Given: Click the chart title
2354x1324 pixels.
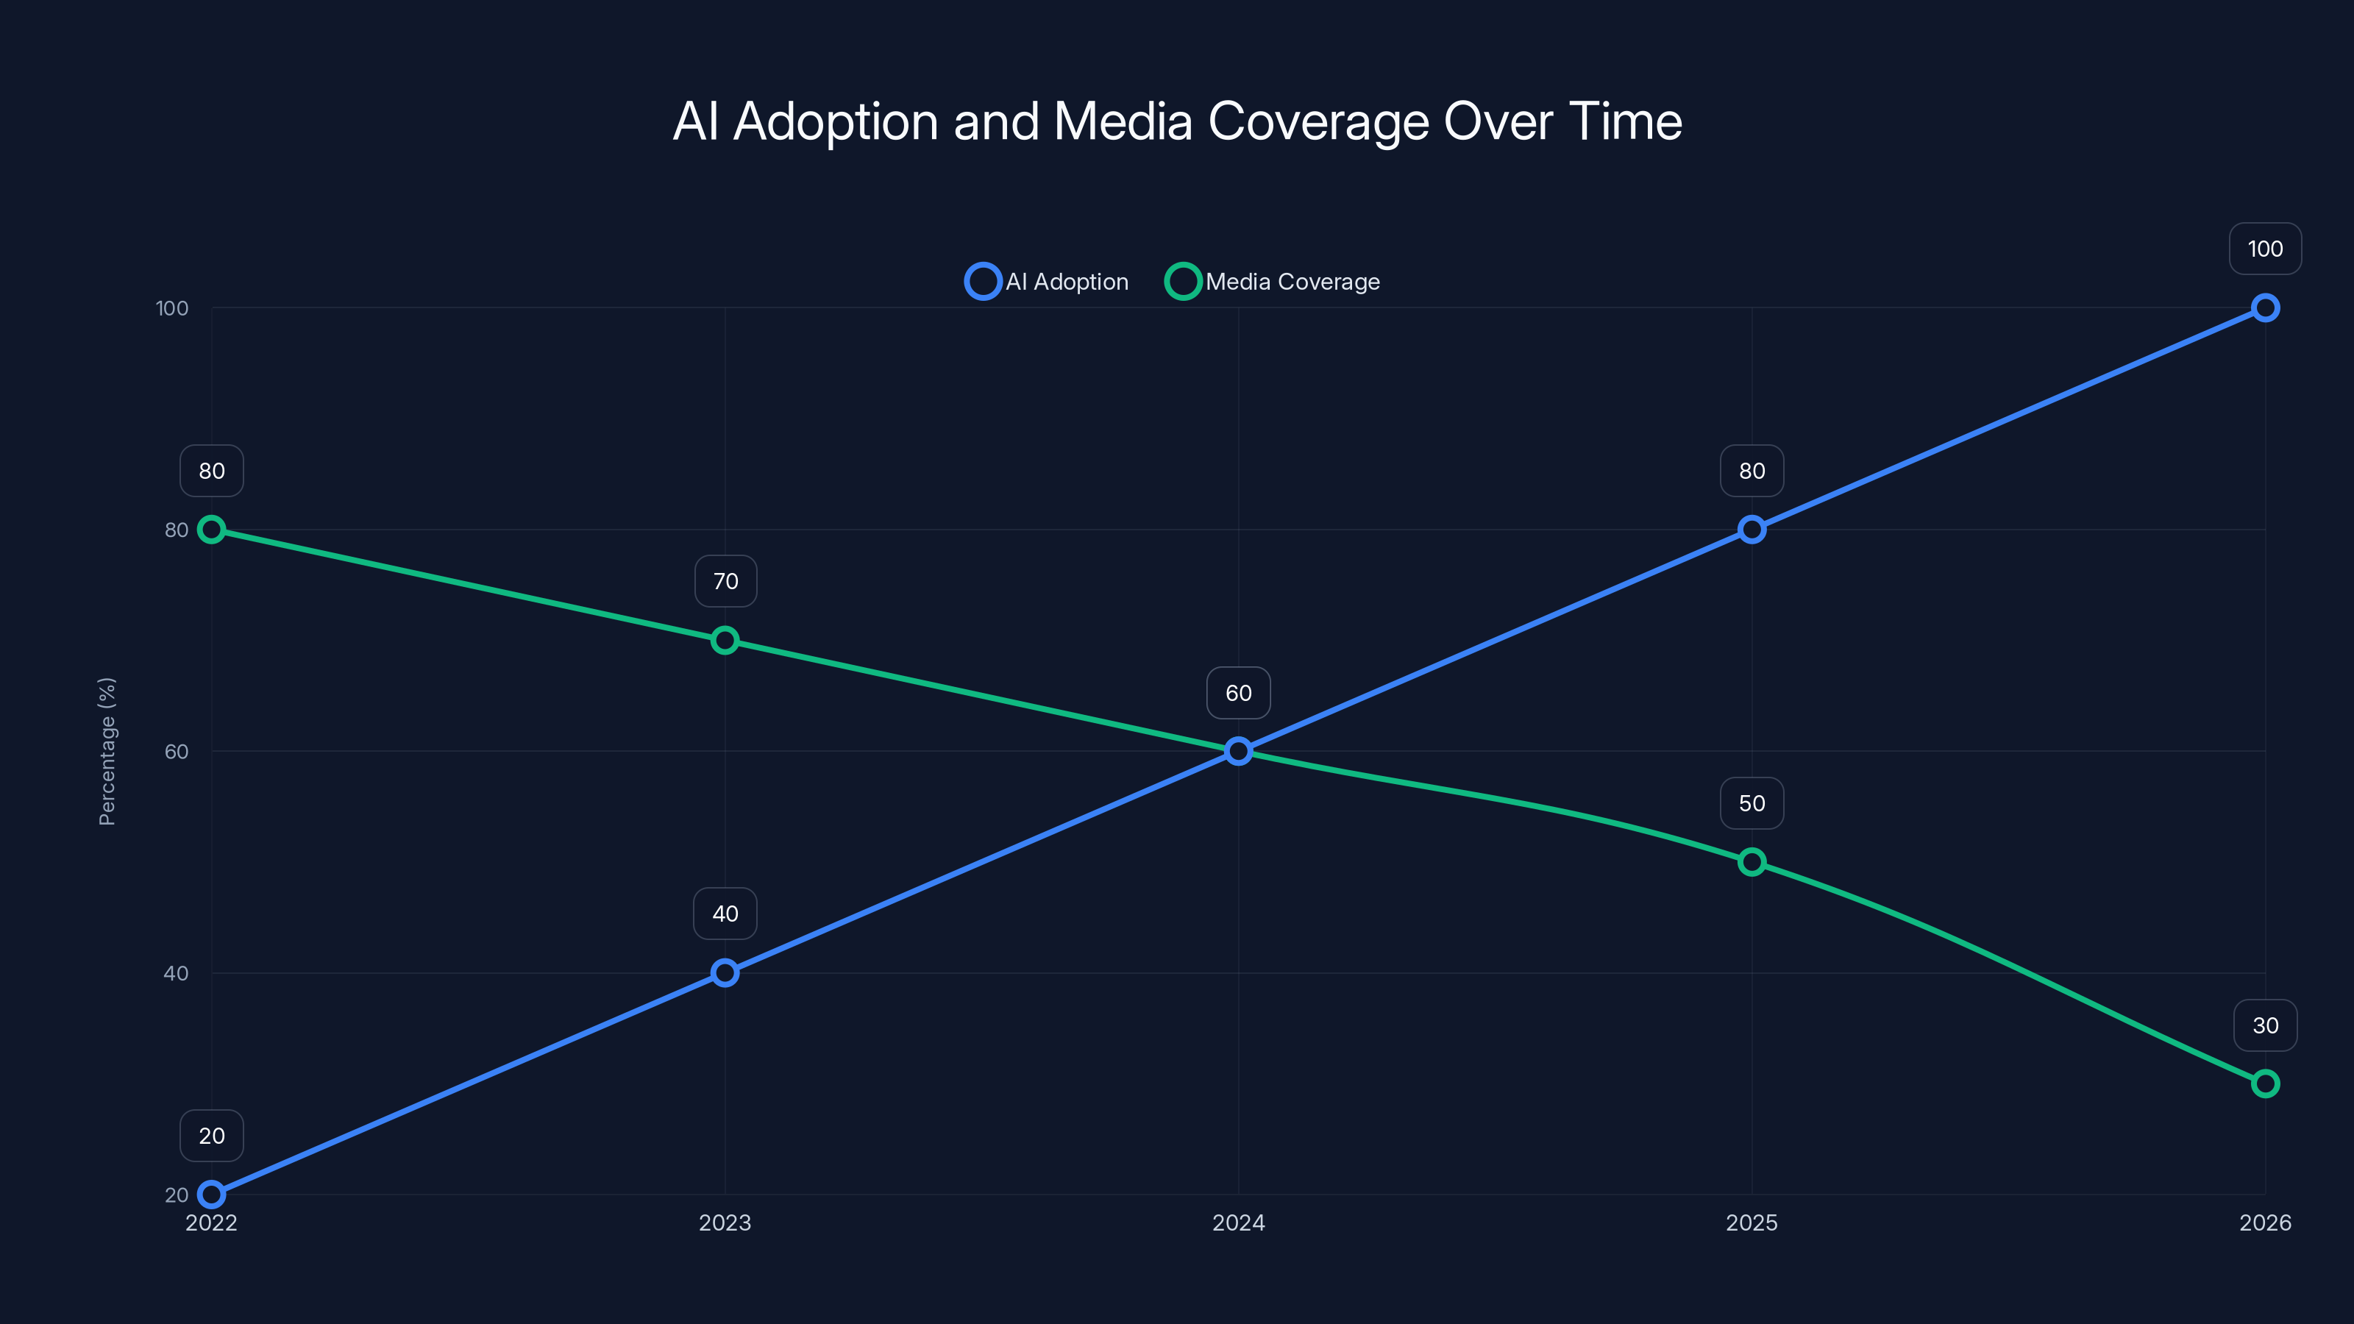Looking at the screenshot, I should [1177, 121].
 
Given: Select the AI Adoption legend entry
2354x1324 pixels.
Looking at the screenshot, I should [1048, 282].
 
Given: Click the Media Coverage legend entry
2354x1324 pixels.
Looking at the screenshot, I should [1273, 282].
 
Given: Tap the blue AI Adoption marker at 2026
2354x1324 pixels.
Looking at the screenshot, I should [2264, 308].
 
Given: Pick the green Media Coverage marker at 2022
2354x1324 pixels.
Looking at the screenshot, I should [212, 529].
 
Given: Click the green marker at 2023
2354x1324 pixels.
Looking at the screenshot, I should [725, 641].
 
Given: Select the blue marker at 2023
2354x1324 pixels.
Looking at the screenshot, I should [725, 972].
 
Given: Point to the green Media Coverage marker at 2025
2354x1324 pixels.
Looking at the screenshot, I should [1751, 861].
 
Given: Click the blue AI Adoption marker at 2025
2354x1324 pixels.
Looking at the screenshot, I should [1751, 529].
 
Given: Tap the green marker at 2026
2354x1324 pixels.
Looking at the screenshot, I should [2264, 1083].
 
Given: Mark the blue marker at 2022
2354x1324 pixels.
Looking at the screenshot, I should [212, 1195].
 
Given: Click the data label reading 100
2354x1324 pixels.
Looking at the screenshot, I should [2264, 249].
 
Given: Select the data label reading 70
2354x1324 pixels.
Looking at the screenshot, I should [725, 581].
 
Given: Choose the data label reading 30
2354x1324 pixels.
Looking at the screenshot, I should [2264, 1025].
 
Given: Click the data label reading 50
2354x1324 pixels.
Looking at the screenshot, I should [1751, 803].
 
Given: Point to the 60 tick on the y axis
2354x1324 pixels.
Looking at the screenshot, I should [177, 751].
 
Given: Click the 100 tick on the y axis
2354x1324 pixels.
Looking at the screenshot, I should [172, 308].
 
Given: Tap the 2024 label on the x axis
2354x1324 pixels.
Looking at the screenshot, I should [1238, 1222].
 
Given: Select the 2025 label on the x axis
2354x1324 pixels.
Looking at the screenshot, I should [1751, 1222].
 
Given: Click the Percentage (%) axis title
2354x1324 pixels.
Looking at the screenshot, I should [107, 751].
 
